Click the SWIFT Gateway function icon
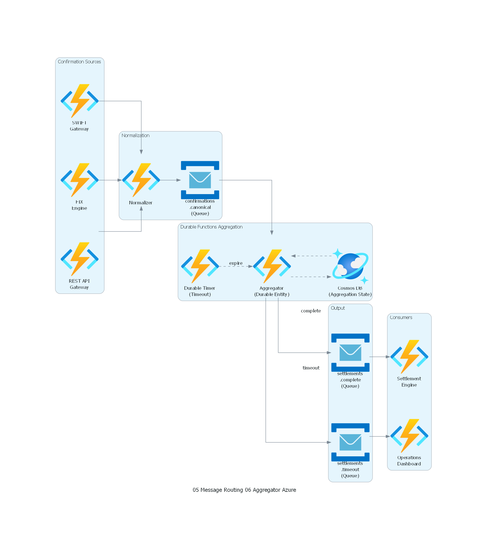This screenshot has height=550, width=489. tap(79, 101)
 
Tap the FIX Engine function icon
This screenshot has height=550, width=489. tap(79, 180)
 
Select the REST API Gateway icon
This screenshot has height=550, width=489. tap(79, 259)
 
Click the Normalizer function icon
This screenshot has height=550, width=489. tap(141, 180)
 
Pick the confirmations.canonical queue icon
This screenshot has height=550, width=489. tap(200, 180)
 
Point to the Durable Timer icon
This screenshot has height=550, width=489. tap(200, 266)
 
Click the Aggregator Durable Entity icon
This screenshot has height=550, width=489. tap(272, 266)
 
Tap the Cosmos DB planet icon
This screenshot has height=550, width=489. tap(350, 266)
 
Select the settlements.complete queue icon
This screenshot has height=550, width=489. tap(350, 352)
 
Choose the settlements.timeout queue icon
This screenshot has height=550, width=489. tap(350, 442)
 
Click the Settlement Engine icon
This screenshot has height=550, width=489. tap(409, 357)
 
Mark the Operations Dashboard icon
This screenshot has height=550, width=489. tap(409, 436)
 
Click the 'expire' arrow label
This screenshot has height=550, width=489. tap(236, 263)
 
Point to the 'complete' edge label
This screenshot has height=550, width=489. tap(311, 311)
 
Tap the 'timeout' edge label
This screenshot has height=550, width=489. tap(311, 368)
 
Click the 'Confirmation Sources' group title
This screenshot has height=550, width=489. tap(79, 62)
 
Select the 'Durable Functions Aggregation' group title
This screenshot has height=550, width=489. tap(211, 227)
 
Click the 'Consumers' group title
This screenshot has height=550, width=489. tap(401, 317)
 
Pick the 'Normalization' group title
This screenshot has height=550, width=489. tap(135, 135)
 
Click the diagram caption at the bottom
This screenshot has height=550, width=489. tap(244, 490)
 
